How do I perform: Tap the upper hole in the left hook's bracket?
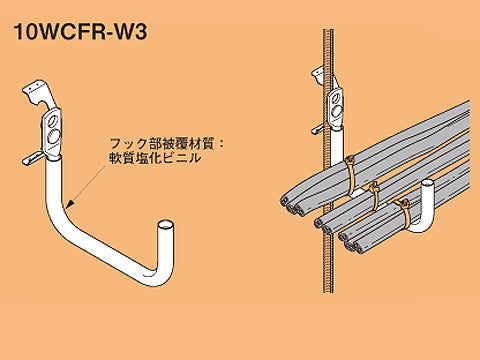(47, 125)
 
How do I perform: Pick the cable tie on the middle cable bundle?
(374, 190)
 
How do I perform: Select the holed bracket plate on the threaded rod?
(334, 101)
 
